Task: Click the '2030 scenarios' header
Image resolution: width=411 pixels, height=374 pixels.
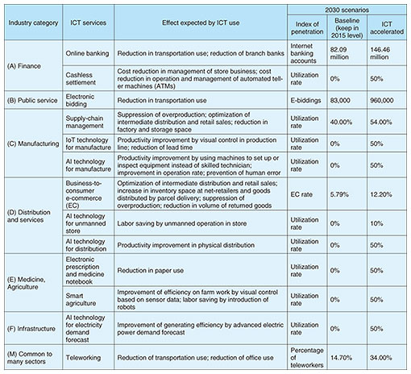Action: coord(347,10)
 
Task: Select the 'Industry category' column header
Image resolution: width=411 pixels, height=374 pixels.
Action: coord(33,23)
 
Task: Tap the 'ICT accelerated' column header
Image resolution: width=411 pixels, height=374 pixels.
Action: coord(387,27)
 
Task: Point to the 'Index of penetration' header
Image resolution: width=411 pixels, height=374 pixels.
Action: coord(307,27)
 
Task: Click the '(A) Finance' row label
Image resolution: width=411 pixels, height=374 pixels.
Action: coord(24,66)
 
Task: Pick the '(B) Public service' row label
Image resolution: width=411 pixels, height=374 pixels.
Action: coord(32,101)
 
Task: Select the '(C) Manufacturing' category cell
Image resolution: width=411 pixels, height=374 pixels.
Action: coord(33,143)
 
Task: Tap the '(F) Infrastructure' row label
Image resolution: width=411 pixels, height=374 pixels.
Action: coord(31,329)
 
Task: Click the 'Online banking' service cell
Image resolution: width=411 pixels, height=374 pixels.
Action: coord(87,53)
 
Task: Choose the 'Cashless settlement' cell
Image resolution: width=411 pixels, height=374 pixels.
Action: coord(81,79)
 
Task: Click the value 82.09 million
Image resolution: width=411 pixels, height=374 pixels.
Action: coord(339,53)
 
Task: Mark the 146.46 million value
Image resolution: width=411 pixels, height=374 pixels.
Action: coord(380,53)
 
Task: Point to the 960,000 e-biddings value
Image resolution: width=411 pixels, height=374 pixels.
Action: coord(382,101)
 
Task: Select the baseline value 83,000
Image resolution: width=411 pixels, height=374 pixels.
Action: coord(340,101)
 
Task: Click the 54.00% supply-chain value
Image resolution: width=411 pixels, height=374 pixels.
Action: coord(381,122)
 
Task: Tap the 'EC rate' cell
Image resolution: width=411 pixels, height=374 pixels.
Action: coord(301,194)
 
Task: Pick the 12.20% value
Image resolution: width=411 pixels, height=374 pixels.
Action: coord(381,194)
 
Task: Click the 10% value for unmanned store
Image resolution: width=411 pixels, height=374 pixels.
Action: coord(376,223)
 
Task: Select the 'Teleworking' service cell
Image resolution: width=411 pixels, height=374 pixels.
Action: coord(84,358)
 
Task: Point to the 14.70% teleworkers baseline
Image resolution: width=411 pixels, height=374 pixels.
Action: coord(341,358)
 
